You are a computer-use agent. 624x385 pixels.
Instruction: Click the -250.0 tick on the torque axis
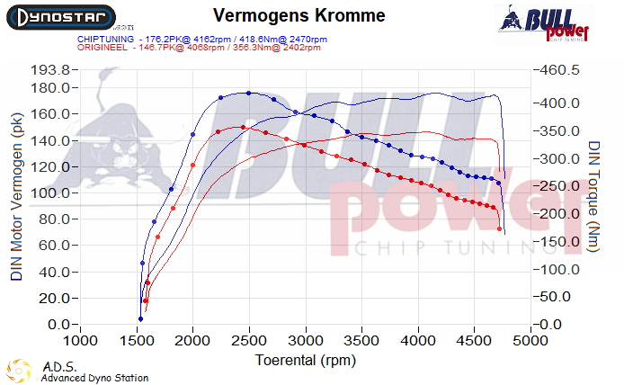[x=559, y=186]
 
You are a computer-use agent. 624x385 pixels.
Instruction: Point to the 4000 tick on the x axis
[x=418, y=343]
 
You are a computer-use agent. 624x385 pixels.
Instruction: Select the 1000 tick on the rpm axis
[x=81, y=343]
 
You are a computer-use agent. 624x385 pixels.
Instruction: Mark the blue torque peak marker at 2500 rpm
[x=248, y=93]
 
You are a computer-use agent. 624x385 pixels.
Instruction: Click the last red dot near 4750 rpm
[x=500, y=229]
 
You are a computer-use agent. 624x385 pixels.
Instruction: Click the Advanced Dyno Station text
[x=94, y=378]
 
